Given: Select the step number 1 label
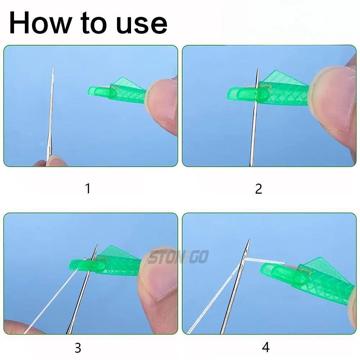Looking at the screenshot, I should pos(87,188).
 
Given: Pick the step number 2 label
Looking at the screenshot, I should pos(258,188).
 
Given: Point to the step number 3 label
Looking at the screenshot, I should pos(77,348).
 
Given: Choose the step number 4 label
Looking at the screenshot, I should pos(266,347).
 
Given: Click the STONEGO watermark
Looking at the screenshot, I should pos(178,257).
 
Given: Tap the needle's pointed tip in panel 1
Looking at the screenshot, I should pos(53,68).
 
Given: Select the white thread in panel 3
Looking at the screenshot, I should pos(50,302).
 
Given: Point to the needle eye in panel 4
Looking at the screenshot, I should pos(246,254).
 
